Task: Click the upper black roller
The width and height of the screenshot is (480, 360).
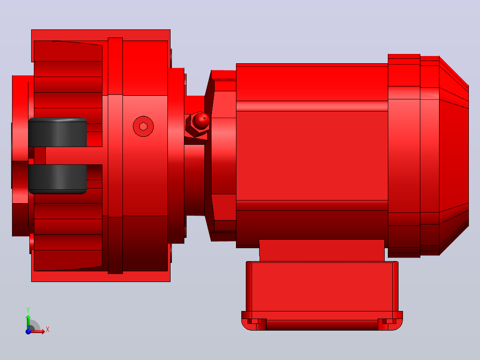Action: [x=57, y=132]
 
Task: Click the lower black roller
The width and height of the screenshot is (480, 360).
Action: [x=57, y=179]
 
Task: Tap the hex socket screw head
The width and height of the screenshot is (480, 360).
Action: [x=143, y=126]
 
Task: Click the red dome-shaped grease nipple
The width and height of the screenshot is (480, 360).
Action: [x=202, y=120]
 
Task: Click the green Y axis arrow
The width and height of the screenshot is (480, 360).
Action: [x=28, y=322]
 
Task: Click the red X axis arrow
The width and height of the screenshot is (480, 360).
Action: [x=37, y=331]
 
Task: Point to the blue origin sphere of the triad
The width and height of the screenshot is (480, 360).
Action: [x=28, y=331]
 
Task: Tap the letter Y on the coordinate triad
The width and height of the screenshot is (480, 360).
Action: [x=28, y=310]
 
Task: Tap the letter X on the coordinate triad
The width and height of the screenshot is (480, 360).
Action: [x=48, y=330]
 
